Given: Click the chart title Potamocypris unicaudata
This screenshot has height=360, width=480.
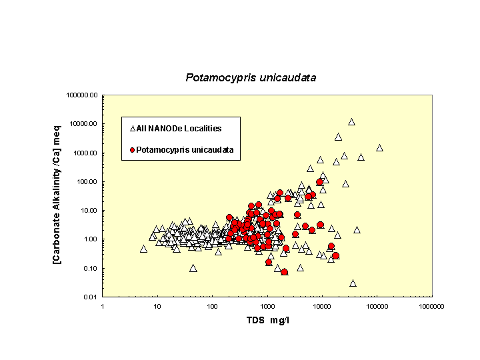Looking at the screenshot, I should coord(251,78).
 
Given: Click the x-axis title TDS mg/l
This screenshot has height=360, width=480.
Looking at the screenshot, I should coord(266,320).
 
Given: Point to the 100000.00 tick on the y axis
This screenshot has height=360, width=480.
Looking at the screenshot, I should coord(83,95).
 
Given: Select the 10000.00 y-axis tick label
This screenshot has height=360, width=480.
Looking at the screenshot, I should coord(84,124).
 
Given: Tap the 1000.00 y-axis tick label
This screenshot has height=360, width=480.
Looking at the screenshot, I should coord(85,153).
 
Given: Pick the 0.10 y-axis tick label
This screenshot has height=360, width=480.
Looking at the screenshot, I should coord(90,268).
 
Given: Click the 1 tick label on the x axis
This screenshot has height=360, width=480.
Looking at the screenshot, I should coord(102,306).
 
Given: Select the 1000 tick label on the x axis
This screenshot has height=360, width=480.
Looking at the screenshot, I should coord(267,306).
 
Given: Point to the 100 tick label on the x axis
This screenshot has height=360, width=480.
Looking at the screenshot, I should coord(212,306).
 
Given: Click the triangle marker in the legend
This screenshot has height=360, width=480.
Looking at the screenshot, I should coord(133,128).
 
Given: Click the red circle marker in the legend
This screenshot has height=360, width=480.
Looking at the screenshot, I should coord(133,150).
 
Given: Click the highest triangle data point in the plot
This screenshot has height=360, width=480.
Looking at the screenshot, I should coord(351,121).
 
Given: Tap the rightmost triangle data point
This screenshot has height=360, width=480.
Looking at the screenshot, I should coord(379,147).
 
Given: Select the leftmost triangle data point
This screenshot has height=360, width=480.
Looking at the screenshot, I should coord(143,249).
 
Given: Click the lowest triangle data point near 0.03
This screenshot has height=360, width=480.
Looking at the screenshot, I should coord(353,283).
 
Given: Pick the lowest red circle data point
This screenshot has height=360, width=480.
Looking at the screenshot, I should coord(285,272).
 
